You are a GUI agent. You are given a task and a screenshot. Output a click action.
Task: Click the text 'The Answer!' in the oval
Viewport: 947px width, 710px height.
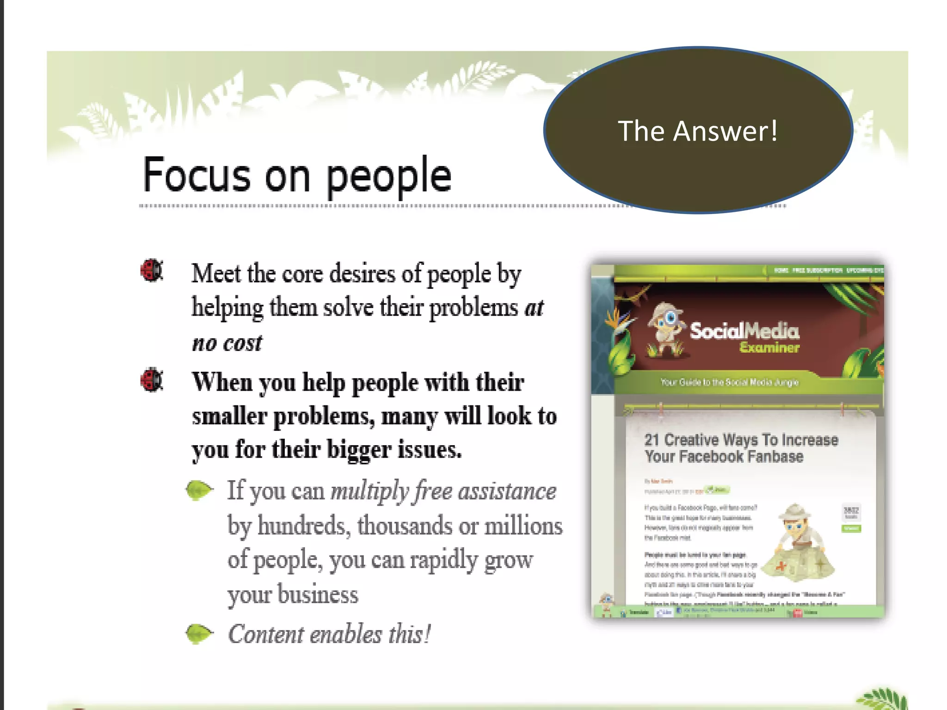(698, 131)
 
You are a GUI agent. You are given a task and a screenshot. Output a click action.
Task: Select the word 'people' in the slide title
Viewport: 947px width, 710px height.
(388, 177)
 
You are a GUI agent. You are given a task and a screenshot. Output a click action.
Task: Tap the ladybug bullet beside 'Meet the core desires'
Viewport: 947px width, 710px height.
(152, 270)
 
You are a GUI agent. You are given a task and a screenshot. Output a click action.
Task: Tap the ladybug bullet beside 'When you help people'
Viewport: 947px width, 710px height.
(152, 379)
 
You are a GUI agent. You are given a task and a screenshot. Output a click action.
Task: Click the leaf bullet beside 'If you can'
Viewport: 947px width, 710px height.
(199, 490)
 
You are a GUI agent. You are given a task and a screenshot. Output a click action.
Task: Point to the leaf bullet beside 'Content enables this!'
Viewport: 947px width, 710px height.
(199, 633)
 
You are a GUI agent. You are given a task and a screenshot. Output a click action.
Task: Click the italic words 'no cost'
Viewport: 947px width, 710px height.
(227, 343)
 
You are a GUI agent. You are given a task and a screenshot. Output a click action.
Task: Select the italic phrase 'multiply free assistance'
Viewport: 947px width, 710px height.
(443, 490)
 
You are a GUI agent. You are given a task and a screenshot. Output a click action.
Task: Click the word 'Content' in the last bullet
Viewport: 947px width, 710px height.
(265, 634)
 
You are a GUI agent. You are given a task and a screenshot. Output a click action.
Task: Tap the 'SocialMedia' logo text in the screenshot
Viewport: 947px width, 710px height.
(744, 331)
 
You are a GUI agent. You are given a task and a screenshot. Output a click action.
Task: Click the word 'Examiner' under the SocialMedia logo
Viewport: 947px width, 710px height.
(769, 348)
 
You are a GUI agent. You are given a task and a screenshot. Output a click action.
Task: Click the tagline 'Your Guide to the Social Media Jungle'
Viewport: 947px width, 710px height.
(729, 382)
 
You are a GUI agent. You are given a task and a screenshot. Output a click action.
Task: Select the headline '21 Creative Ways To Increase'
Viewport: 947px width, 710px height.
(741, 439)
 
